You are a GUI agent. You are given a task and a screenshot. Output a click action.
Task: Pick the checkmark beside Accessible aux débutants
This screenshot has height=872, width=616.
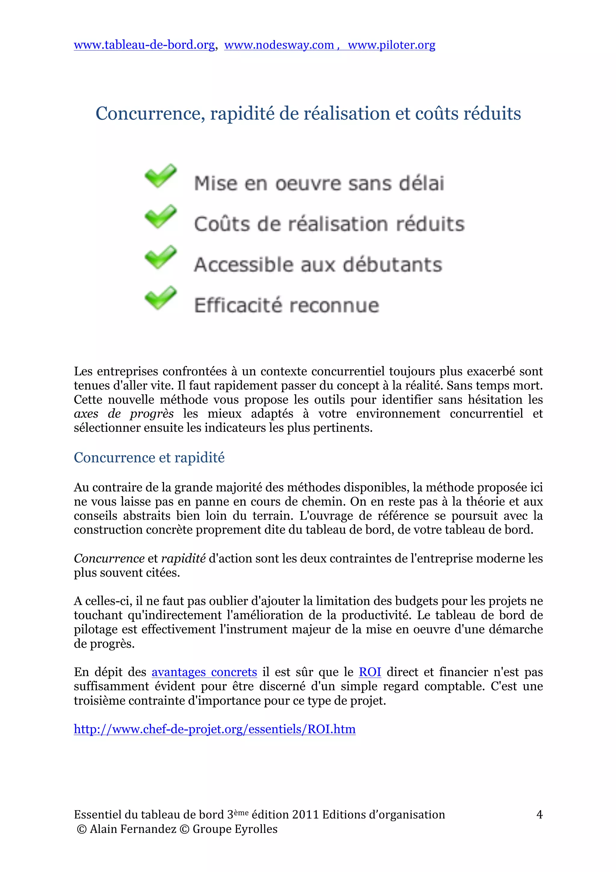(161, 257)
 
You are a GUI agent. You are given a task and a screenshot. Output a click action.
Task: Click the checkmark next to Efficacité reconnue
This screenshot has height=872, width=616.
(161, 298)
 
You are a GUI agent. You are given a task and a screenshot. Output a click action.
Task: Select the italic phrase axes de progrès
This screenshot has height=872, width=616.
(124, 414)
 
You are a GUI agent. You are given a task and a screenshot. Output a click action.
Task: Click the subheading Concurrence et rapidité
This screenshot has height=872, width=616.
(149, 458)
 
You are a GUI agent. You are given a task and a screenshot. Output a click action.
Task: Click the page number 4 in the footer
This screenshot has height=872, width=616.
(539, 814)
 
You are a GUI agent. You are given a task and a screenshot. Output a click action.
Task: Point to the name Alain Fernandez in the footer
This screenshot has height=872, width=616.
(133, 829)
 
